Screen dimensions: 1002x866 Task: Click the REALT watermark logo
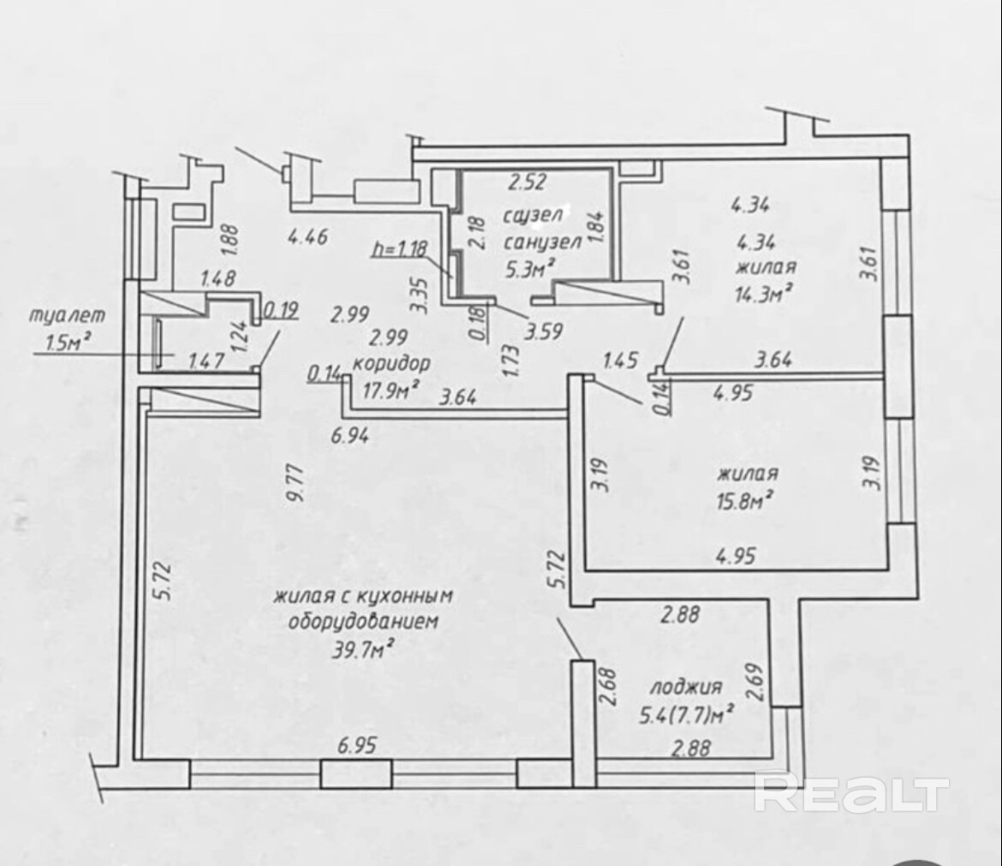click(851, 793)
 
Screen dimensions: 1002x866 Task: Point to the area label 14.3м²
click(761, 293)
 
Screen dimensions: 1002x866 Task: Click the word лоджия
click(686, 686)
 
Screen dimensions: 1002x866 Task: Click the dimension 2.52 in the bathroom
click(528, 182)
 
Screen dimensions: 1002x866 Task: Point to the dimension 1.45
click(621, 360)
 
